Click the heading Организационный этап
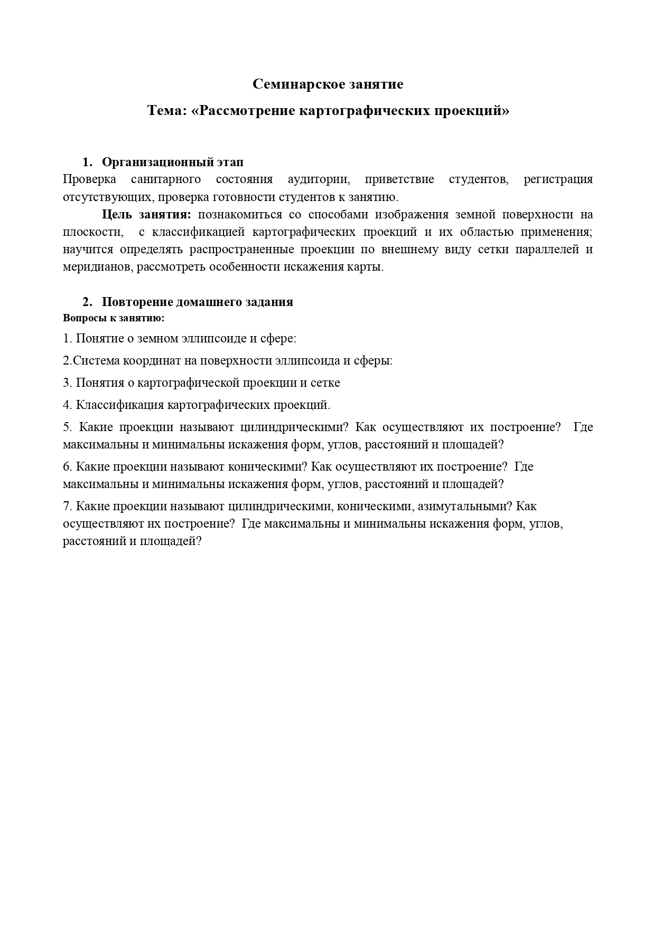pos(172,162)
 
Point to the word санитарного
pos(166,179)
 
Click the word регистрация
pos(558,179)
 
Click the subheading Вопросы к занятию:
pos(114,318)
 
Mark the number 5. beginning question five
pos(67,427)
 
